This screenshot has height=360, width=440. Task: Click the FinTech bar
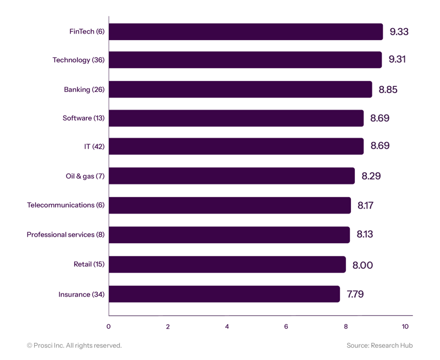pos(246,31)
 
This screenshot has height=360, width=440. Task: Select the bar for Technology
pos(245,60)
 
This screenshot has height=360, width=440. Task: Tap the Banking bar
pos(240,89)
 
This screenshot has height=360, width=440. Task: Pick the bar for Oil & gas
pos(232,176)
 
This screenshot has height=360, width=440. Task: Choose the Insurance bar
pos(224,294)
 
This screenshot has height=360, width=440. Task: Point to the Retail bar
pos(228,265)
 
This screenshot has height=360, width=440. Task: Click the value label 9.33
pos(399,31)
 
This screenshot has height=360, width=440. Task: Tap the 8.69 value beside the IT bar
pos(380,147)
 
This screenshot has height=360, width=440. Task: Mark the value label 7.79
pos(355,294)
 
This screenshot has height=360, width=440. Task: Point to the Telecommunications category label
pos(65,205)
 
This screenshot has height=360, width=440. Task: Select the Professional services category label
pos(65,235)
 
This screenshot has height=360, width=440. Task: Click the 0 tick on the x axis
pos(108,326)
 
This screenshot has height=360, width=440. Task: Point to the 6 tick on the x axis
pos(287,326)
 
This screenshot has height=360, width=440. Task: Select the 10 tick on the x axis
pos(405,326)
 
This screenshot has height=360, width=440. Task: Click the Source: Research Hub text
pos(380,345)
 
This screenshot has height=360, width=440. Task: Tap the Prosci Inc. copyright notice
pos(74,345)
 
